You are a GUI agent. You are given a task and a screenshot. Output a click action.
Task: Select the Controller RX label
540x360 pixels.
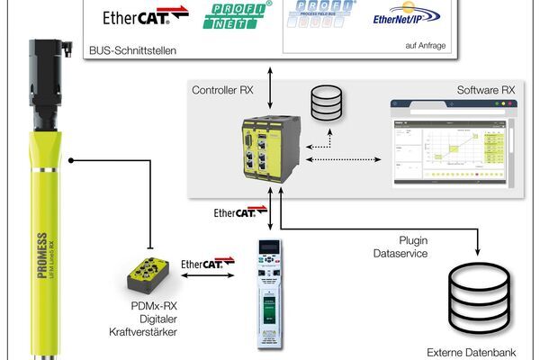point(222,90)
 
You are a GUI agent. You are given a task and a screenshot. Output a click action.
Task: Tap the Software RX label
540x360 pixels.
point(483,90)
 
